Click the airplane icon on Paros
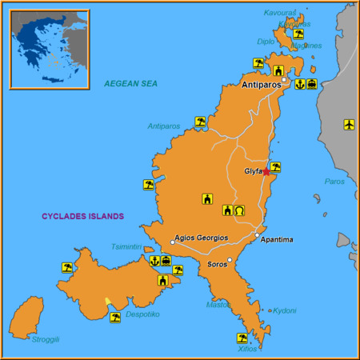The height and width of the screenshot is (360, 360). click(349, 124)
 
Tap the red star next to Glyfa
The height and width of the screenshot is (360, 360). click(266, 171)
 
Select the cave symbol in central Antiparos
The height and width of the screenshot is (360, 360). click(238, 210)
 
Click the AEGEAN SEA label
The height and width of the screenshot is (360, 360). click(132, 83)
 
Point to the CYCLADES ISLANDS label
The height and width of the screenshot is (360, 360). click(83, 216)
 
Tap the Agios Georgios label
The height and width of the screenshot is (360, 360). click(202, 238)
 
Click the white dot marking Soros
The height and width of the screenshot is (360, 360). click(230, 260)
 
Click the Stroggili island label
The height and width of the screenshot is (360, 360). click(46, 339)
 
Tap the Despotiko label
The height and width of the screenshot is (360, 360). click(143, 314)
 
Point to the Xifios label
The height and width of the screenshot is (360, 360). click(248, 349)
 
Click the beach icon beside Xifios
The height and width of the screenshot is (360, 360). click(242, 338)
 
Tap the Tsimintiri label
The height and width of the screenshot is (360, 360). click(126, 246)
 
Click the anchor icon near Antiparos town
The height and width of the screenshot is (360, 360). click(300, 84)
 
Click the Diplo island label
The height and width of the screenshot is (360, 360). click(266, 42)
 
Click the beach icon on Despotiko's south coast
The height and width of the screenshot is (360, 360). click(115, 318)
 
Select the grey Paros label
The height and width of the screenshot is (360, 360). click(334, 182)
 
